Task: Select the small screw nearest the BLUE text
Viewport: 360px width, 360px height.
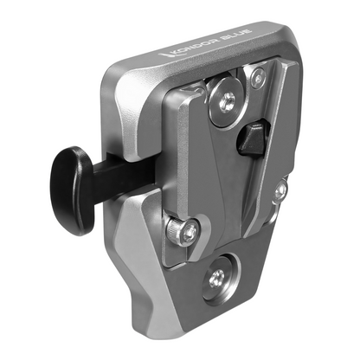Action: click(256, 77)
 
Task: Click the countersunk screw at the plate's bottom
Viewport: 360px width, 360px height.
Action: click(217, 277)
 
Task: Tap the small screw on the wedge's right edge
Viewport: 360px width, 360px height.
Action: click(280, 190)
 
